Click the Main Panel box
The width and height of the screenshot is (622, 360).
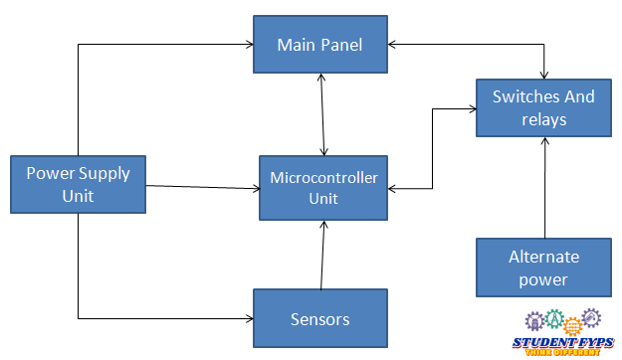[x=319, y=45]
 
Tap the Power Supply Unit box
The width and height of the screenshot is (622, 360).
[x=78, y=184]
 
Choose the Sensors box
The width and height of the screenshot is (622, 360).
[x=319, y=318]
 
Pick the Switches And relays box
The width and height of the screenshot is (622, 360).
[x=543, y=108]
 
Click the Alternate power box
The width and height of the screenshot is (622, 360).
[x=543, y=268]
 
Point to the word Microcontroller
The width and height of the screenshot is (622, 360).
[x=324, y=178]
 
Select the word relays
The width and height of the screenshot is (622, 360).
[x=543, y=119]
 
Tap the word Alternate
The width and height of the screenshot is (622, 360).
[x=543, y=257]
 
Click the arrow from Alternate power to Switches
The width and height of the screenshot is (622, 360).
[x=544, y=188]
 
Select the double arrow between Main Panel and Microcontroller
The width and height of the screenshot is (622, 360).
[x=320, y=113]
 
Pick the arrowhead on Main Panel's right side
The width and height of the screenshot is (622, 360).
[x=393, y=45]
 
